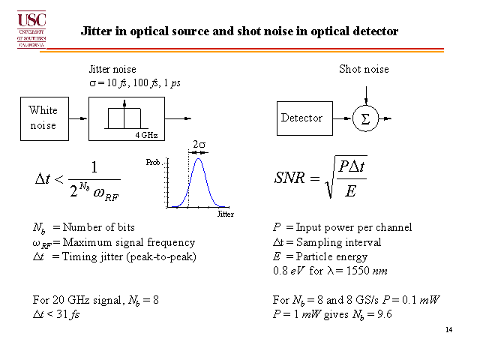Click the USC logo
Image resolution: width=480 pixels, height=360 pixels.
[x=31, y=29]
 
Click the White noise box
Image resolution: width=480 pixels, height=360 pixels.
[x=45, y=118]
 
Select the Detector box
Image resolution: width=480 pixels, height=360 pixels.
[x=304, y=118]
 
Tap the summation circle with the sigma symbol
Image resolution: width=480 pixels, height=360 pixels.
[x=365, y=118]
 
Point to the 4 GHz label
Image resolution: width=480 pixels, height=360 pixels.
[x=147, y=135]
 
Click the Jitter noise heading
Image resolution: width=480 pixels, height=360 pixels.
[x=112, y=69]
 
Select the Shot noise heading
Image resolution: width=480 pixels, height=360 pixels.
[x=364, y=69]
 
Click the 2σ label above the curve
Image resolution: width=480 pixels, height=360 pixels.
[x=199, y=144]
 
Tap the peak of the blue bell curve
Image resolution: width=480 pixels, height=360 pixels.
[x=198, y=158]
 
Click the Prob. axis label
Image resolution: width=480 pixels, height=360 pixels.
[x=153, y=162]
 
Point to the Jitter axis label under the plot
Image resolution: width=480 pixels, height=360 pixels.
[x=226, y=214]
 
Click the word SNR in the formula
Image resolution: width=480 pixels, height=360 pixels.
[x=289, y=178]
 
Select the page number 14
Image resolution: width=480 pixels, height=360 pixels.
[x=448, y=330]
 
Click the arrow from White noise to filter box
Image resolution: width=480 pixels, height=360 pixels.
[x=78, y=118]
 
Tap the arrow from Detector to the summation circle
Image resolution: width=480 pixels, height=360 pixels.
[x=342, y=118]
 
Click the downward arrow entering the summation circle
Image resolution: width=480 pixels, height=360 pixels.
[x=366, y=96]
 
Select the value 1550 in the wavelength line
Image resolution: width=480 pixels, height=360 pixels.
[x=358, y=271]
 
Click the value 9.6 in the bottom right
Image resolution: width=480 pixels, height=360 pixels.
[x=385, y=314]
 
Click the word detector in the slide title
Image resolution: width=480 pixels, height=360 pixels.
[x=376, y=31]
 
